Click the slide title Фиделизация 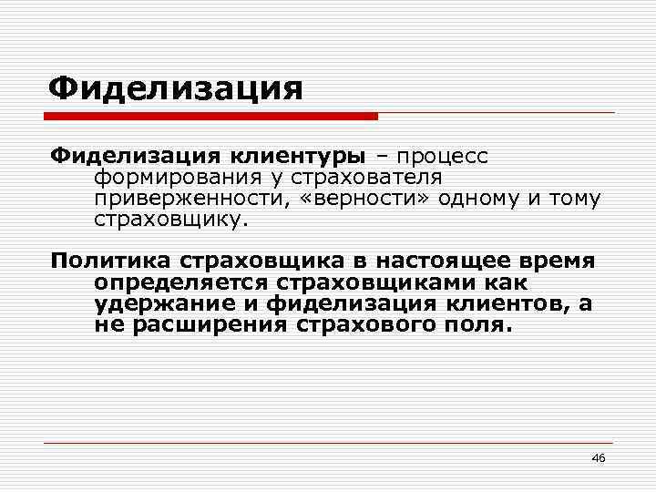pos(175,89)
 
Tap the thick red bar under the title pos(213,117)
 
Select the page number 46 pos(599,456)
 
